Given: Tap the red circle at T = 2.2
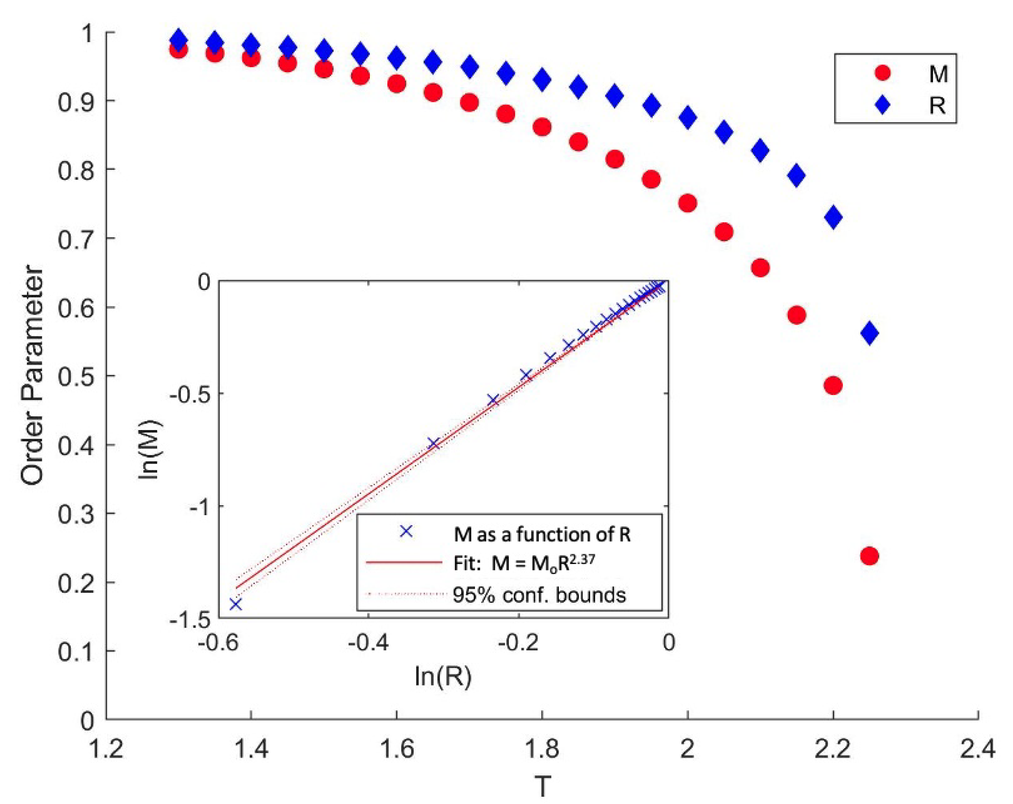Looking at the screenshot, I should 833,385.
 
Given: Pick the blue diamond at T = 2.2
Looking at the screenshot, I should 833,217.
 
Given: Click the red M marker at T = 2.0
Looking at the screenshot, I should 687,203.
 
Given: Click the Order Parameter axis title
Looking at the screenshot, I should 32,376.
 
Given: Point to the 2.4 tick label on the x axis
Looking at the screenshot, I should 977,749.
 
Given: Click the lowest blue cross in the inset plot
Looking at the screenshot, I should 235,604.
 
